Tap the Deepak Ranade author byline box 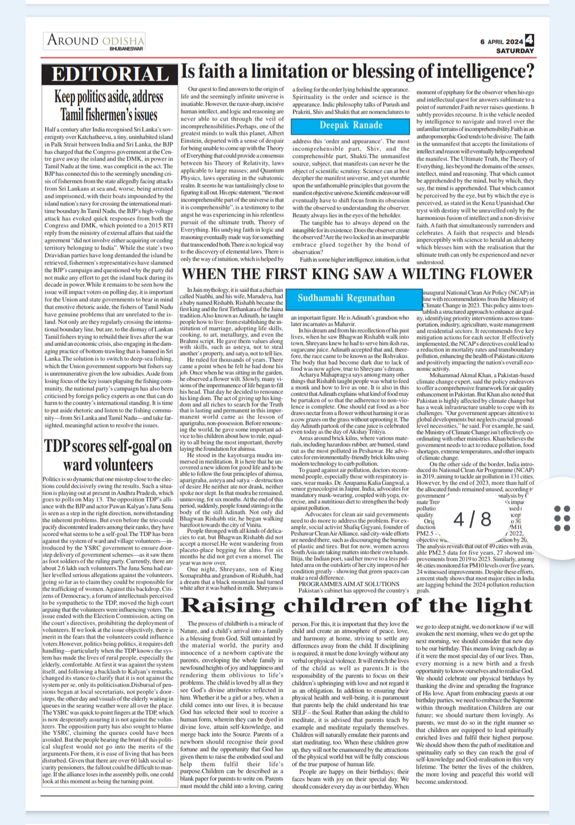point(351,125)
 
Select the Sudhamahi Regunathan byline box point(346,298)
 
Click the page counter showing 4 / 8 point(472,519)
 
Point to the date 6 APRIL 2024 point(502,42)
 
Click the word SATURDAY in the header point(515,51)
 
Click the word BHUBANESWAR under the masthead point(126,49)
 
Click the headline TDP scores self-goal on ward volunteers point(108,455)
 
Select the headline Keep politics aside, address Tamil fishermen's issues point(109,106)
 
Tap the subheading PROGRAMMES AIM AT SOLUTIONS point(349,584)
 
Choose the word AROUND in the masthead point(72,40)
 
